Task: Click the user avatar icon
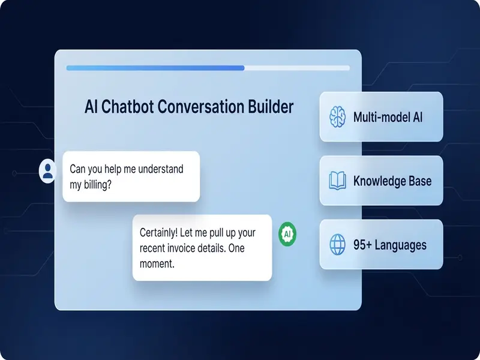point(47,170)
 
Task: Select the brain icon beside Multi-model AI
point(338,116)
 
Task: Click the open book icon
point(338,181)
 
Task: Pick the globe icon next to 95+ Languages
point(338,245)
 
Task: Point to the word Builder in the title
point(271,107)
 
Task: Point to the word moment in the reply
point(157,262)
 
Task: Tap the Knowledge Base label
point(392,181)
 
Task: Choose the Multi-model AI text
point(388,116)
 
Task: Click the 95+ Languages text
point(390,245)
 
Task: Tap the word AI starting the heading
point(91,107)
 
